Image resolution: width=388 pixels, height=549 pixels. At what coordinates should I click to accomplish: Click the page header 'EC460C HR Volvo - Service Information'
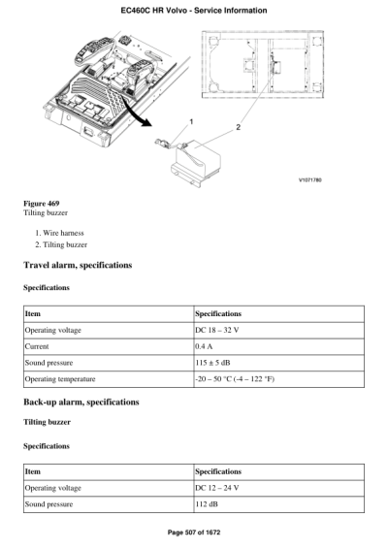(194, 10)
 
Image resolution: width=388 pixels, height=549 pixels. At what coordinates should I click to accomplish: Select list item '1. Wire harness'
(61, 233)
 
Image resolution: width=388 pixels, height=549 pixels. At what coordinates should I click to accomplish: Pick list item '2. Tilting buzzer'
(63, 245)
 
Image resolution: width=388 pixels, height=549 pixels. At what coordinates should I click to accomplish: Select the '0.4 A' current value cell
(205, 345)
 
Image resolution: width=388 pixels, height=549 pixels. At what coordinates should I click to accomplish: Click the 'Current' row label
(38, 345)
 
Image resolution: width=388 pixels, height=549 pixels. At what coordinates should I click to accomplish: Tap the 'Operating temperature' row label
(60, 377)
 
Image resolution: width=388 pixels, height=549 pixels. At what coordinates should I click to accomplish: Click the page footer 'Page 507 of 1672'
(194, 533)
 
